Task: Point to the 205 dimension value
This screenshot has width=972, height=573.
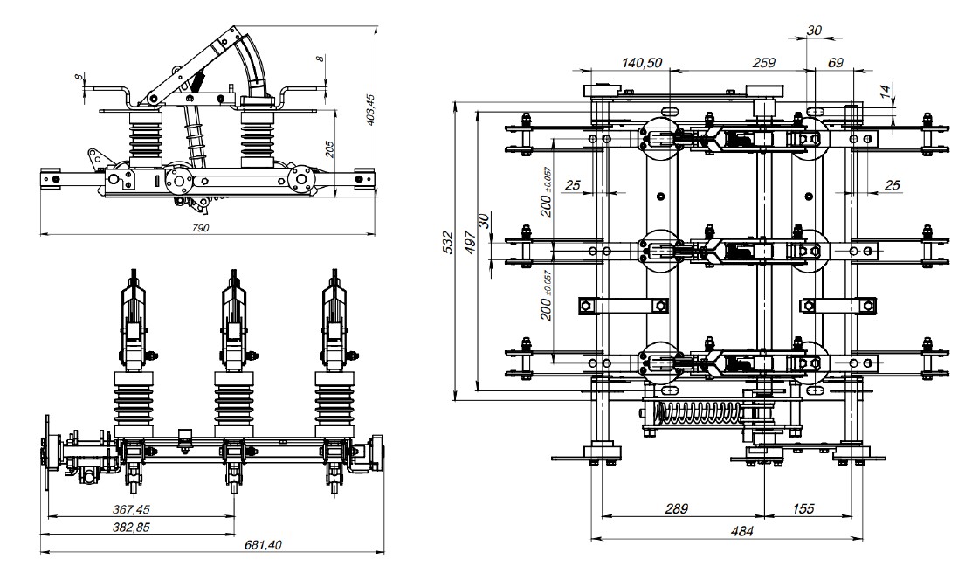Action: click(329, 150)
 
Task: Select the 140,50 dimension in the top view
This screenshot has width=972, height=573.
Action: click(642, 63)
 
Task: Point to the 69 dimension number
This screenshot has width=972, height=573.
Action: click(835, 63)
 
